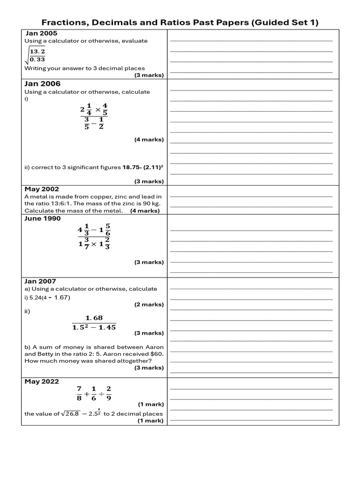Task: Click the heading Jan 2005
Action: [41, 33]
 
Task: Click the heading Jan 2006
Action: [43, 83]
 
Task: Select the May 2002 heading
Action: [42, 189]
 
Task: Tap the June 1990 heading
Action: [43, 218]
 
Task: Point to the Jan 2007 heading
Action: [40, 281]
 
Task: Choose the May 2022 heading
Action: [42, 382]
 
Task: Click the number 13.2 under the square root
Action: [37, 51]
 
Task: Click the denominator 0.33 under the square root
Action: [37, 59]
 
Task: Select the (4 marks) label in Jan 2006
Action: [149, 140]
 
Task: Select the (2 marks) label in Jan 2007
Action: [149, 305]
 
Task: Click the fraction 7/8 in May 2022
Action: [79, 393]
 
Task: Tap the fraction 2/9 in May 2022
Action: [109, 393]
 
